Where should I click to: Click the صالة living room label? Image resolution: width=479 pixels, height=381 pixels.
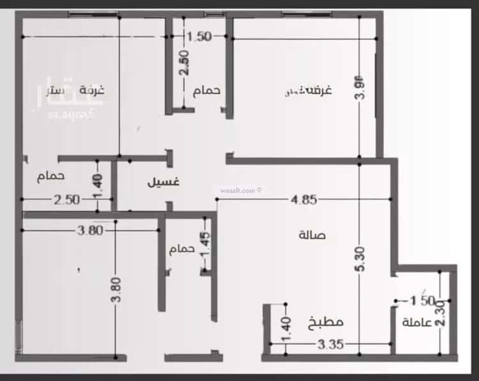[312, 235]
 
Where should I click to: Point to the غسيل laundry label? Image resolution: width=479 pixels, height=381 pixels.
[163, 182]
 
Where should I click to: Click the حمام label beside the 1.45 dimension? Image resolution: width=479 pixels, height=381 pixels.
[181, 249]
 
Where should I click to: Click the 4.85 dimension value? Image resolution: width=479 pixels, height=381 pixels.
[303, 200]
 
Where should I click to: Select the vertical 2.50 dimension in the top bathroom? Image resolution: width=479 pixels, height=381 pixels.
[183, 63]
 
